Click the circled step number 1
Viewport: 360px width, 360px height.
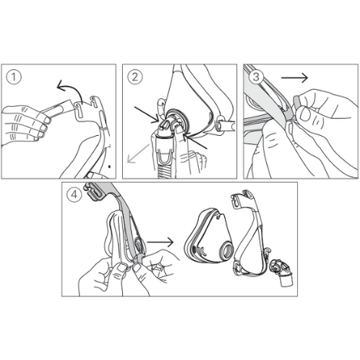pos(14,77)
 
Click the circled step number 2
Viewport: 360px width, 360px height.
pos(135,77)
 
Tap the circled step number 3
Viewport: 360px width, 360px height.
pos(256,77)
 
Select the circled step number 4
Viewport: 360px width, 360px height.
pos(74,195)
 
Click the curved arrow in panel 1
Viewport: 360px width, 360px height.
pos(73,88)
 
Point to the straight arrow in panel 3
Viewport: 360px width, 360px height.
pos(294,78)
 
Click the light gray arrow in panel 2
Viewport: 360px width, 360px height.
pos(138,154)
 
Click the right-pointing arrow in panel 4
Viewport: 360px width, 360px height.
pos(160,242)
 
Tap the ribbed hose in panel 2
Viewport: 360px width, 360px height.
pos(167,171)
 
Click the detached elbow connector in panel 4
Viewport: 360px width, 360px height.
pos(282,272)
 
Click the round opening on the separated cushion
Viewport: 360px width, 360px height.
pos(226,250)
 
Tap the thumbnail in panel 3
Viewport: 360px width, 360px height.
pos(305,114)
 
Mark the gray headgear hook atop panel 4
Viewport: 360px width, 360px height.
pos(93,192)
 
